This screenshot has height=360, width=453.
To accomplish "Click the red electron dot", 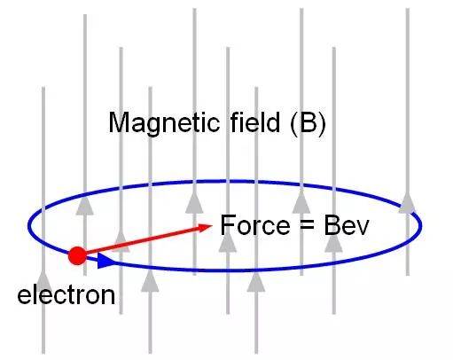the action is [x=77, y=256].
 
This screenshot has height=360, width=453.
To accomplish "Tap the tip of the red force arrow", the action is [x=212, y=225].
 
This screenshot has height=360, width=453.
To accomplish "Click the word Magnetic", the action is [x=164, y=122].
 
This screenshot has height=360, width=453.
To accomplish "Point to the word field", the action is [x=254, y=121].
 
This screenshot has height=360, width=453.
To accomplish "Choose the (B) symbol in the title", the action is [x=308, y=122].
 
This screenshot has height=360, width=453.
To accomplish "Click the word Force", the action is [x=255, y=225].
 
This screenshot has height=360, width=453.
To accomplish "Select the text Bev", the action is [x=347, y=225].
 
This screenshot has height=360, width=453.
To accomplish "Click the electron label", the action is [x=66, y=295].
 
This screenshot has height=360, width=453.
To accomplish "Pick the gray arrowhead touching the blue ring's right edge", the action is [x=408, y=202].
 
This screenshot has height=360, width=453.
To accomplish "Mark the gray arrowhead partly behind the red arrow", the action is [x=121, y=242].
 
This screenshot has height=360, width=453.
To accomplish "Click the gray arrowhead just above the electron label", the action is [x=43, y=281].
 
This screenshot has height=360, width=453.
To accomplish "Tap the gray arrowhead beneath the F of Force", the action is [x=228, y=242].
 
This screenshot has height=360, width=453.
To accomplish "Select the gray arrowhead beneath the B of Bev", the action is [x=333, y=242].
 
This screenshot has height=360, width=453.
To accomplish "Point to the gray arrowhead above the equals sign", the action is [x=301, y=202].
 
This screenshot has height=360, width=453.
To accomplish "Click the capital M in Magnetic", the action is [x=120, y=121].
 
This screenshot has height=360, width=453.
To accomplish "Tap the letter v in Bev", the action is [x=363, y=228].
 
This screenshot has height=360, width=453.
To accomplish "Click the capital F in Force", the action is [x=227, y=225].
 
